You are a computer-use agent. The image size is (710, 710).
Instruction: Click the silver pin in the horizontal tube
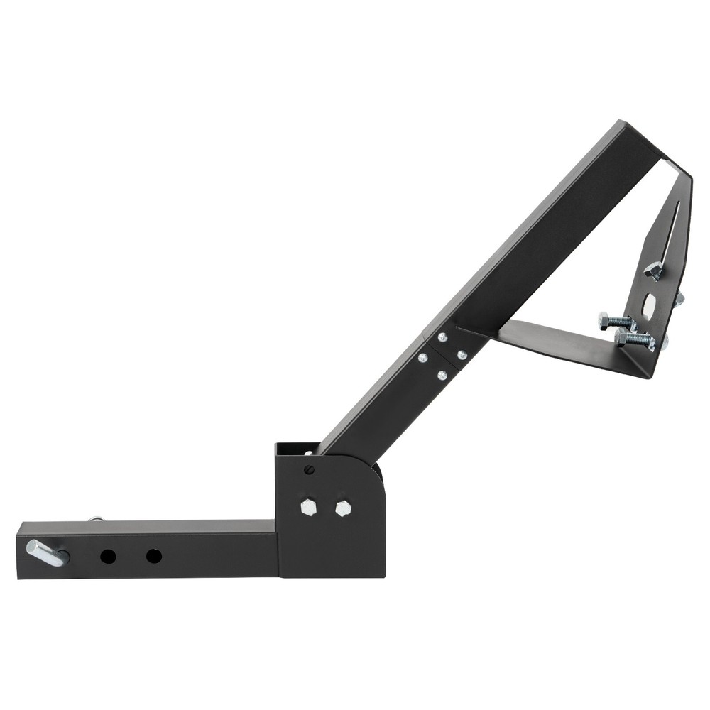click(x=46, y=552)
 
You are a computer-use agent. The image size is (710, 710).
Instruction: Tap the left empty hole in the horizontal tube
click(x=108, y=556)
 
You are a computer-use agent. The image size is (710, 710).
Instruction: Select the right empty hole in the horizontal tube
click(x=153, y=556)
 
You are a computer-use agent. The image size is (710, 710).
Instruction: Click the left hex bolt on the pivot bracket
click(x=308, y=507)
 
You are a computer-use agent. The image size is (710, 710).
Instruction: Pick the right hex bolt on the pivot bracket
click(x=343, y=508)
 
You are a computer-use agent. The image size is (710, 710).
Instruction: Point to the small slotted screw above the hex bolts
click(x=309, y=469)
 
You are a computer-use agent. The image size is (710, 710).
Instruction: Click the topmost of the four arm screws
click(x=442, y=338)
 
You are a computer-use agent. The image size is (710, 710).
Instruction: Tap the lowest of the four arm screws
click(x=442, y=374)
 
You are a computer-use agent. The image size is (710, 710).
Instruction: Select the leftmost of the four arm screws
click(x=423, y=358)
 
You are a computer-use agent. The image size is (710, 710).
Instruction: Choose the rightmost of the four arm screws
click(x=461, y=354)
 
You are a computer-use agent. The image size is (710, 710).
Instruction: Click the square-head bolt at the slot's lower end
click(x=653, y=270)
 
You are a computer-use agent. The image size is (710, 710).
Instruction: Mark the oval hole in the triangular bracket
click(x=649, y=305)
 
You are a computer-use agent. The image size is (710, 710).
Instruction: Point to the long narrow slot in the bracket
click(x=669, y=231)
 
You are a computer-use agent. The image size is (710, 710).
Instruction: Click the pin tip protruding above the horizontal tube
click(x=95, y=519)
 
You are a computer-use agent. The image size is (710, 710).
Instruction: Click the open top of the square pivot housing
click(x=293, y=449)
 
